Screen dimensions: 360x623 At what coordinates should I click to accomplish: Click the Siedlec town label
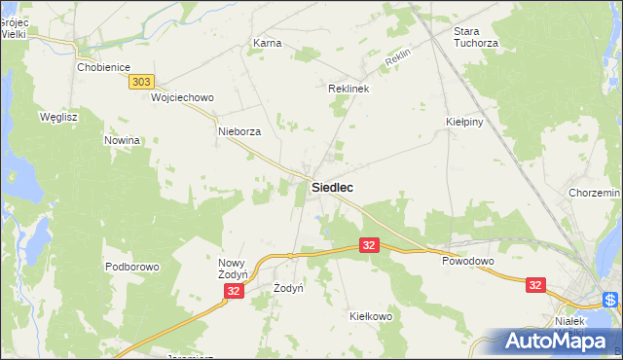click(332, 186)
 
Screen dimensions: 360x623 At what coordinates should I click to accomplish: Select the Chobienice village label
click(104, 68)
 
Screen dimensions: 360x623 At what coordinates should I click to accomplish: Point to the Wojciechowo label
click(182, 98)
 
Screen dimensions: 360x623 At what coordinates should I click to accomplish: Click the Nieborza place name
click(239, 131)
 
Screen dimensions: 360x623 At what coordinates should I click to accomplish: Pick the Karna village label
click(267, 44)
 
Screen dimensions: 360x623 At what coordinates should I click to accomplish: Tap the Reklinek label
click(348, 88)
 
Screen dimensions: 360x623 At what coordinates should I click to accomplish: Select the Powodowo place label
click(468, 262)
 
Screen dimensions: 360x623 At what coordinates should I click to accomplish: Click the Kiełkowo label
click(370, 316)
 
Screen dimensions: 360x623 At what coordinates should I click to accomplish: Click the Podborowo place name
click(131, 267)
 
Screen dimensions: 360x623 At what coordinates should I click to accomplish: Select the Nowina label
click(124, 140)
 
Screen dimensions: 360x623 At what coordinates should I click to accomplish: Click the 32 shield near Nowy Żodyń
click(233, 291)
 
